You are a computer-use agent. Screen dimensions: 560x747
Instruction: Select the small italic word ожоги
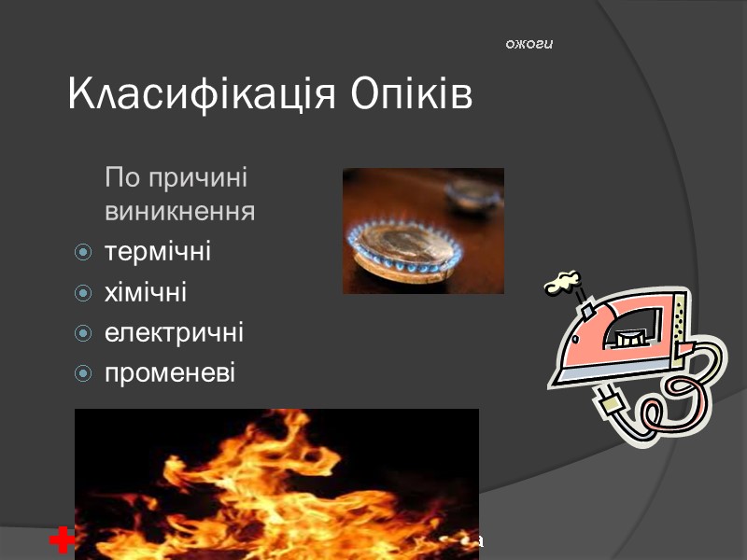(529, 44)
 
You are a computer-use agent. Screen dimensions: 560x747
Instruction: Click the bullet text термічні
(158, 252)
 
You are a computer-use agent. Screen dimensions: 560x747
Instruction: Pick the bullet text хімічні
(146, 293)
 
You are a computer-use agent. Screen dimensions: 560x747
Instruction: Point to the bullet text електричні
(174, 333)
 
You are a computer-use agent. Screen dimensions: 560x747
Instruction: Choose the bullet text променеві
(171, 373)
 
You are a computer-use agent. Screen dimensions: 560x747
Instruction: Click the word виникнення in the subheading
(180, 212)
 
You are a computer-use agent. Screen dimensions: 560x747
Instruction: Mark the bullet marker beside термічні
(83, 253)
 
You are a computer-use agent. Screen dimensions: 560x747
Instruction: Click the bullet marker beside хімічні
(83, 294)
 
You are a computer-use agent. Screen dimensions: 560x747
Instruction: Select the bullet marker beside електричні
(83, 334)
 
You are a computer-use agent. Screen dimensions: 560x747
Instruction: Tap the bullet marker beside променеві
(83, 374)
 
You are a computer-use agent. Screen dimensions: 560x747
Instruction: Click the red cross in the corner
(62, 540)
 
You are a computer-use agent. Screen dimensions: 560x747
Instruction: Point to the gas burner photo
(423, 231)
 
